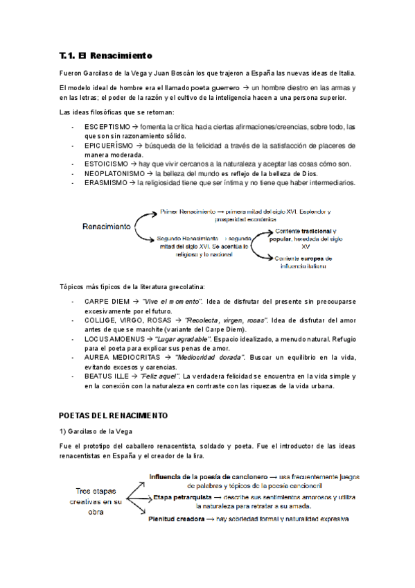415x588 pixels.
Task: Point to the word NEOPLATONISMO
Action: point(115,173)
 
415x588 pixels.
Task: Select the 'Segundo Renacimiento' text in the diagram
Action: point(187,238)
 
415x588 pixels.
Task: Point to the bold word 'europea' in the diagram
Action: point(306,258)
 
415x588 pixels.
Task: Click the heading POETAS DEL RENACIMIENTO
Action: point(114,415)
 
